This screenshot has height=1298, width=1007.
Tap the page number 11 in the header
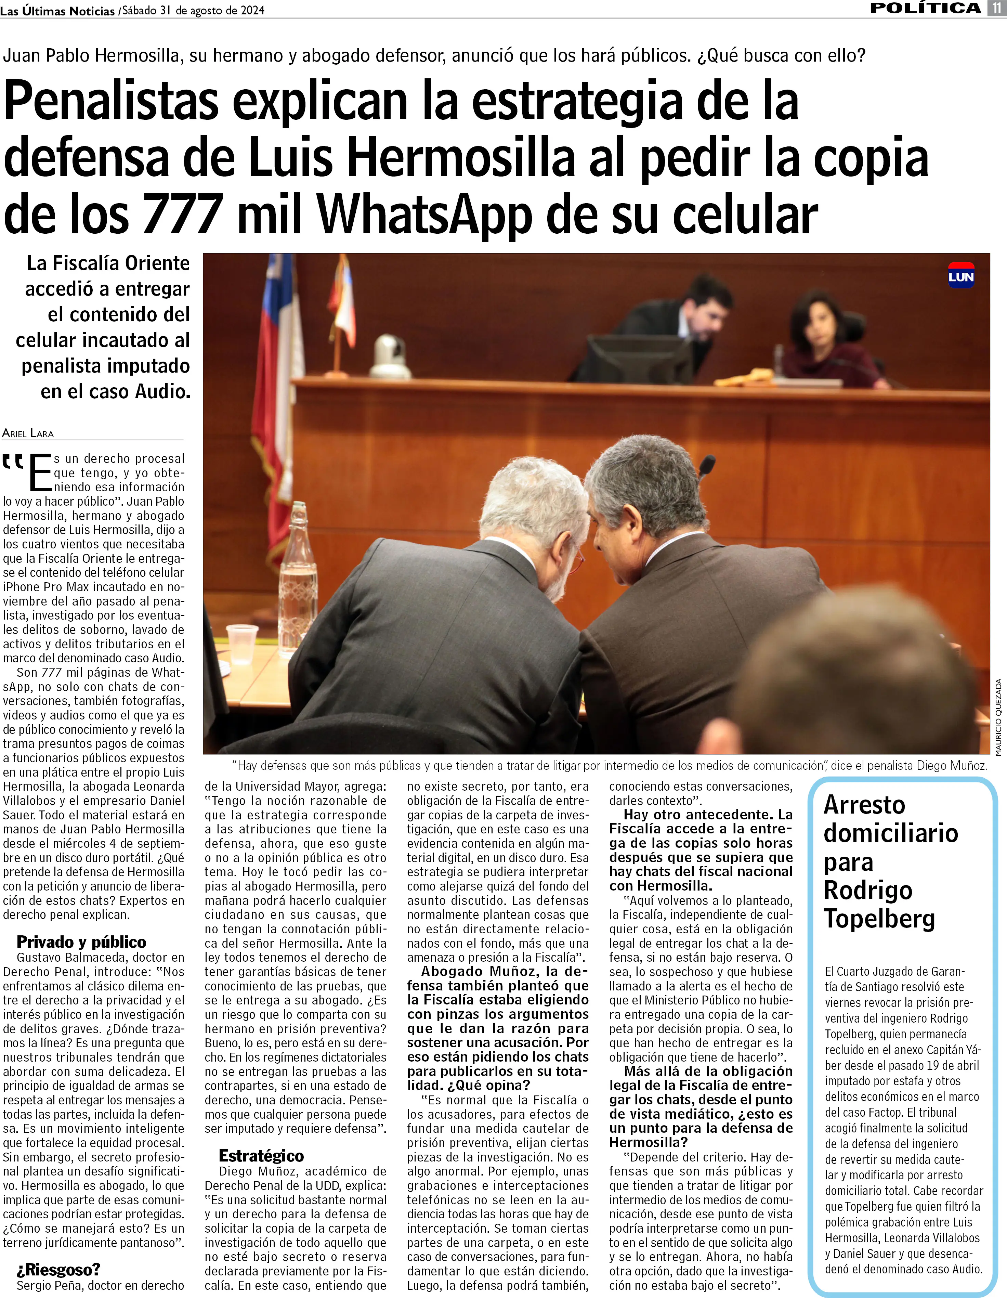click(996, 8)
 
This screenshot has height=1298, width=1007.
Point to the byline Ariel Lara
click(28, 433)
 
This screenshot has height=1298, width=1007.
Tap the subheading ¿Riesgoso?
click(58, 1270)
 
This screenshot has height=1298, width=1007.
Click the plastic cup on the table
click(243, 643)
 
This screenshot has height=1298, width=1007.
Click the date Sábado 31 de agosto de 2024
click(193, 10)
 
